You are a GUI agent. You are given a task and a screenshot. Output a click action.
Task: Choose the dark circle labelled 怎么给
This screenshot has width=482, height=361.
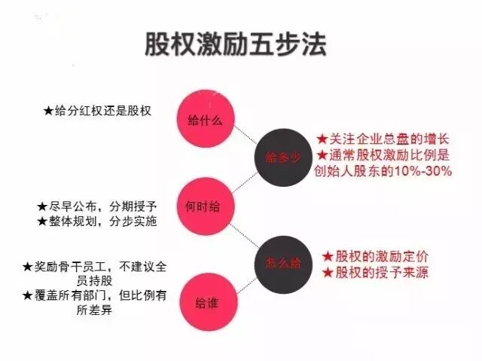point(283,263)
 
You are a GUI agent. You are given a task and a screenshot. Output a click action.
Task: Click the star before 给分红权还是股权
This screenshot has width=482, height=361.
point(48,110)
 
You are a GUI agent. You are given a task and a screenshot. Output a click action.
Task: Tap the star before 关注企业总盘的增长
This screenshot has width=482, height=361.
point(322,140)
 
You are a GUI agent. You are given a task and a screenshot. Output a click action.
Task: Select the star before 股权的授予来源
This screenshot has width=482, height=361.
point(328,273)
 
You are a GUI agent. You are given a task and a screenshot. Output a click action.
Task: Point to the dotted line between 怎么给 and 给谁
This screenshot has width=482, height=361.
point(243,283)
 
